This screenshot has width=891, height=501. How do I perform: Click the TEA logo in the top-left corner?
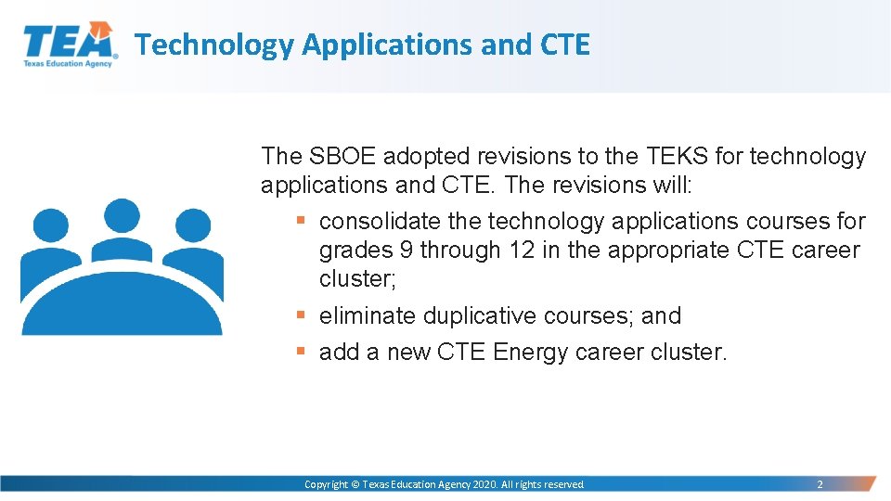[x=70, y=45]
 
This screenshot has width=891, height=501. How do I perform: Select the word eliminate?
[x=368, y=316]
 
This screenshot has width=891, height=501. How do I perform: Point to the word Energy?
[x=531, y=353]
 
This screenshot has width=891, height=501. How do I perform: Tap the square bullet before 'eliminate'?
[x=300, y=316]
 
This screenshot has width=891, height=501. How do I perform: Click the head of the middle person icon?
[x=122, y=216]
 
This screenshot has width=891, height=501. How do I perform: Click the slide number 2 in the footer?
[x=819, y=484]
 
